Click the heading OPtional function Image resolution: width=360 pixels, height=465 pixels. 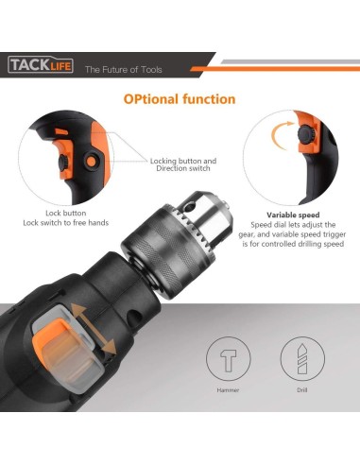[x=179, y=99]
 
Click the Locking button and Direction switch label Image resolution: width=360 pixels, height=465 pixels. [x=183, y=166]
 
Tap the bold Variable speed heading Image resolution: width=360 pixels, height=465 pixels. [x=292, y=215]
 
